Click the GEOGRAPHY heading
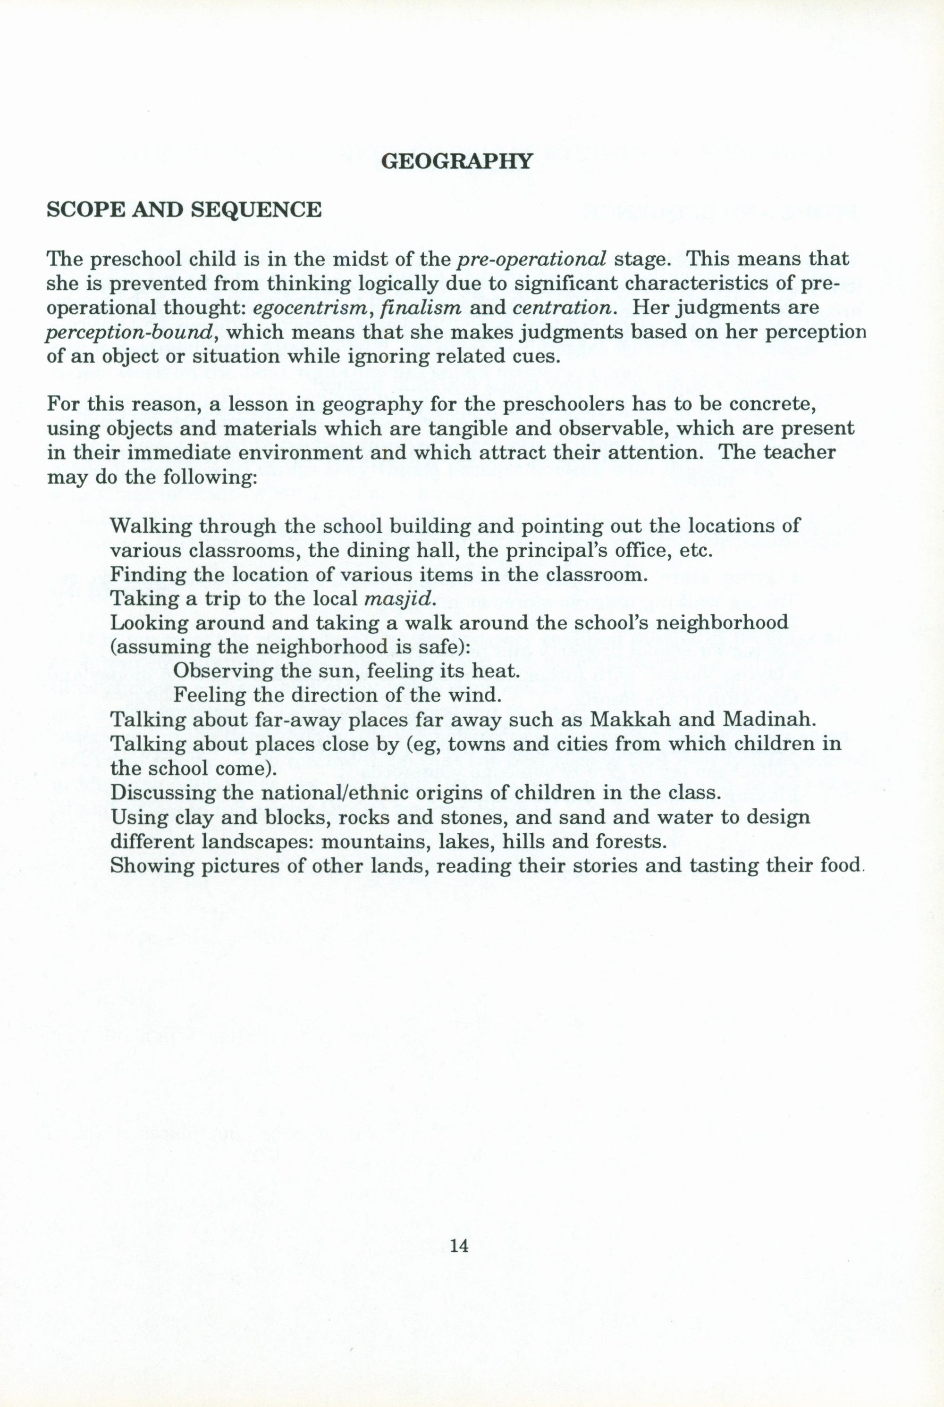point(457,161)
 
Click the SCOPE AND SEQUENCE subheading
point(184,210)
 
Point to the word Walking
point(151,527)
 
